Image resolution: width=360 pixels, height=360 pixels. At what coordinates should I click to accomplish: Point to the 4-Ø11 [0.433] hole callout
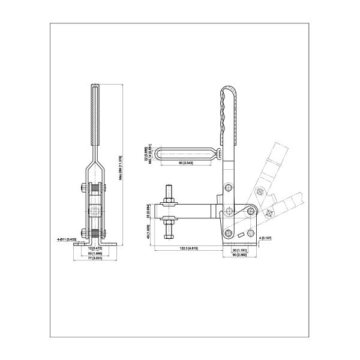(x=66, y=239)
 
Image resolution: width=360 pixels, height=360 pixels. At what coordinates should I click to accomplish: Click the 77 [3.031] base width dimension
(x=95, y=259)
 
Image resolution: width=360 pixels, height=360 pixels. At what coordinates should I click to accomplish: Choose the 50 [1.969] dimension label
(x=95, y=253)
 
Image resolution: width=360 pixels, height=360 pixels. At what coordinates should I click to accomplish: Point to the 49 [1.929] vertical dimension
(x=148, y=230)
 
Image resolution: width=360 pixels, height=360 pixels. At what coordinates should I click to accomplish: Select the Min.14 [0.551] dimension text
(x=152, y=154)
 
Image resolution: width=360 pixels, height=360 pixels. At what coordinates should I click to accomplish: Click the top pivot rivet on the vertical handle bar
(x=228, y=188)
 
